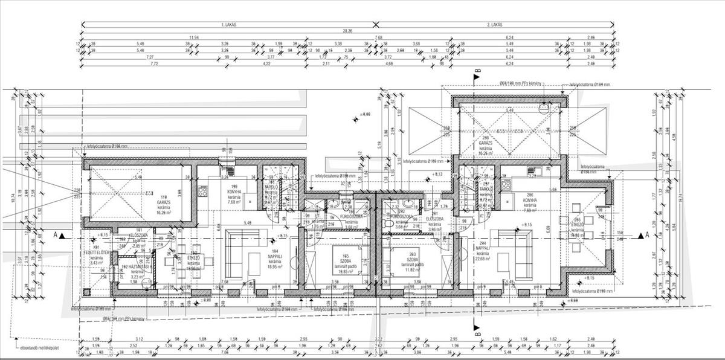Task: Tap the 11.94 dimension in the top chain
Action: coord(193,37)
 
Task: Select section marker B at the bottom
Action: coord(477,332)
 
